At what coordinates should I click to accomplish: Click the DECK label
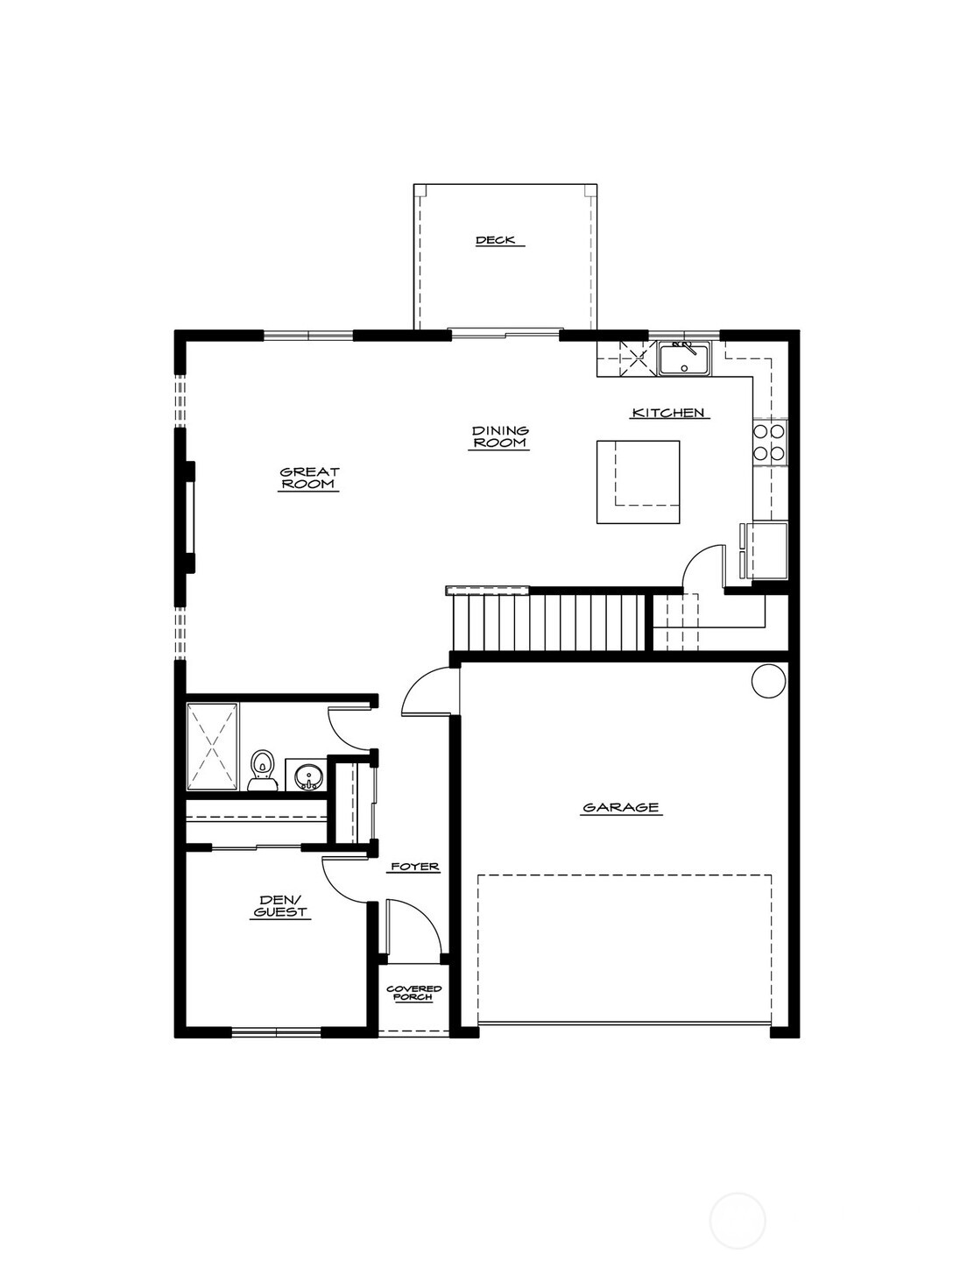(495, 240)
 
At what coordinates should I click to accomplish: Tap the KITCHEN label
(668, 413)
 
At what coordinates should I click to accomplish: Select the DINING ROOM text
(500, 436)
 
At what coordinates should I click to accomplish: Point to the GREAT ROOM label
(309, 478)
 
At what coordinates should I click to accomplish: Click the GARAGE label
(621, 807)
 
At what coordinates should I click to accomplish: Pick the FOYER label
(415, 867)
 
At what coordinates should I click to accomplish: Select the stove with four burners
(769, 443)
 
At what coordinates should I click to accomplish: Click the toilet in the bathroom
(263, 770)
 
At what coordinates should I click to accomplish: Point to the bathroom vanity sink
(306, 774)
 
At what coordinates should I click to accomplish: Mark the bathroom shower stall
(212, 747)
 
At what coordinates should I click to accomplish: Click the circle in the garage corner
(769, 681)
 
